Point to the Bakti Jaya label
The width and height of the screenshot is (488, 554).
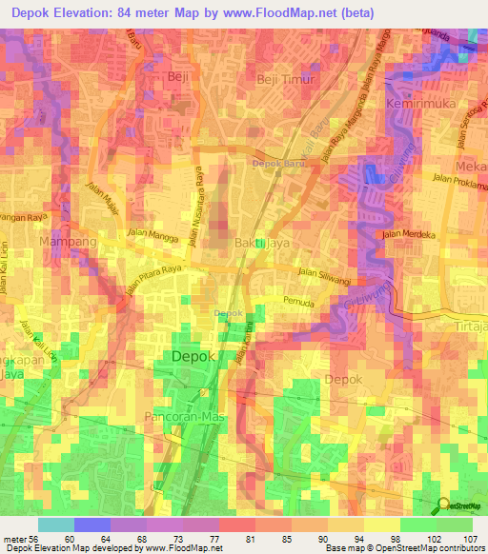pos(262,244)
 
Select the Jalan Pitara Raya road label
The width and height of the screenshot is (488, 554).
pos(152,289)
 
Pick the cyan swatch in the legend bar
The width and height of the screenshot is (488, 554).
pos(55,524)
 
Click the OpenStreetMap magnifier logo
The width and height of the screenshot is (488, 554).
pos(444,505)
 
